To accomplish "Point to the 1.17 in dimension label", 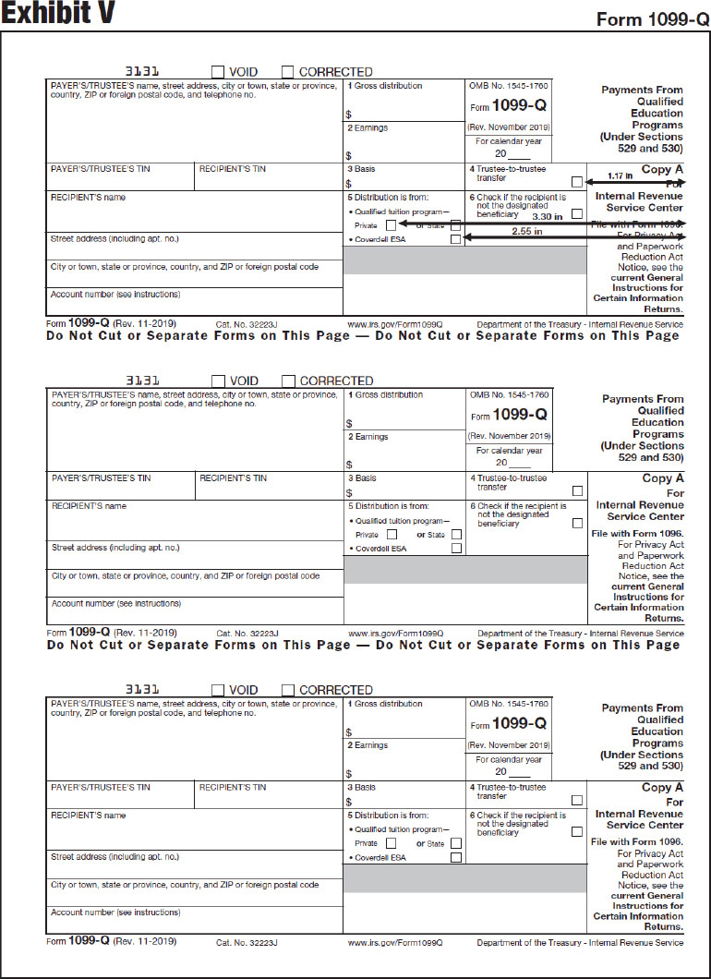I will coord(621,175).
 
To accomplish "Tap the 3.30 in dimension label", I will coord(548,216).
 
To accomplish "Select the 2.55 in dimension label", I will coord(526,231).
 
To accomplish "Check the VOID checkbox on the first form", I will coord(218,72).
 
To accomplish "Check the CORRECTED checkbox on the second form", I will coord(288,381).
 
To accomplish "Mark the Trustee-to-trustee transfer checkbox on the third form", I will coord(577,800).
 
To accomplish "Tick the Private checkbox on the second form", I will coord(392,534).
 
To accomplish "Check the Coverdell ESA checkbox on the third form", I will coord(455,857).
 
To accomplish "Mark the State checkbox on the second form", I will coord(455,534).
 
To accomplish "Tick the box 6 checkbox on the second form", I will coord(577,523).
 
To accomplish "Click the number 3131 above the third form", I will coord(142,689).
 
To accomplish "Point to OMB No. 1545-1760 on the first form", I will coord(509,86).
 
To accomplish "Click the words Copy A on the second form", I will coord(663,478).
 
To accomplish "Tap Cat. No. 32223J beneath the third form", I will coord(247,943).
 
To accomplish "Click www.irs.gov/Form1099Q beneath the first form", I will coord(395,325).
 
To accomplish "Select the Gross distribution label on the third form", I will coord(388,704).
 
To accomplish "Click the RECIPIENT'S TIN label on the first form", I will coord(233,169).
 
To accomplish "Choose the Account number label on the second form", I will coord(115,603).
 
